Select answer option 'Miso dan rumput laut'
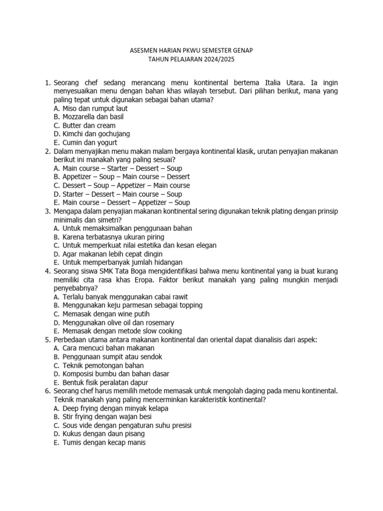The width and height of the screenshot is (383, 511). pyautogui.click(x=95, y=108)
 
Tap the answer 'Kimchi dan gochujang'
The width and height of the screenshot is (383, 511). pyautogui.click(x=96, y=134)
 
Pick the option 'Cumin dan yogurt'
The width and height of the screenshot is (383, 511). pyautogui.click(x=90, y=142)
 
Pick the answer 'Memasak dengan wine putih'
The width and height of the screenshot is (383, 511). pyautogui.click(x=106, y=313)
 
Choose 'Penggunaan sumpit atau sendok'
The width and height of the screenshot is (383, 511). pyautogui.click(x=112, y=356)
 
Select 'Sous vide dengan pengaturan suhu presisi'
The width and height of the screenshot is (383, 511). pyautogui.click(x=127, y=425)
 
